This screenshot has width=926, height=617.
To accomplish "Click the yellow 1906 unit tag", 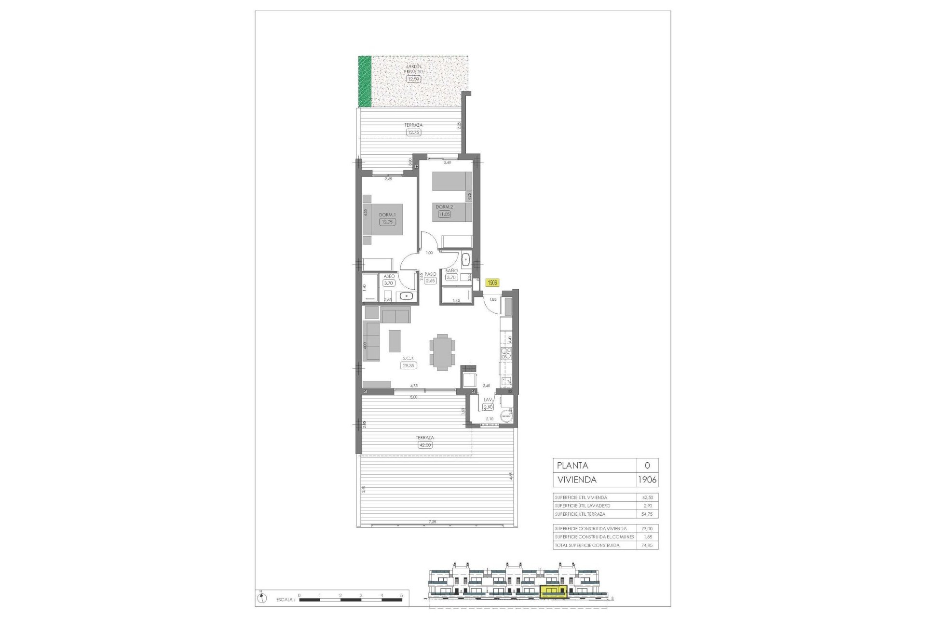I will coord(492,283).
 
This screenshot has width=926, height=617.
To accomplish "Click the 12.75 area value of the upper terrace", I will coord(413,132).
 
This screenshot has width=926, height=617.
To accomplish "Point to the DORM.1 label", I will coord(387,215).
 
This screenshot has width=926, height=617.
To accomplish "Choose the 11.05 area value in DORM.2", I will coord(444,214).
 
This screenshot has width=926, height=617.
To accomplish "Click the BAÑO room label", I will coord(451,271).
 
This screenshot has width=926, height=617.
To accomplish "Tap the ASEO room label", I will coord(389,276).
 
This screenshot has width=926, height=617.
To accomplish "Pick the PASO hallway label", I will coord(430,274).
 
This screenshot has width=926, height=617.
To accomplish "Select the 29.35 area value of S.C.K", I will coord(409,366).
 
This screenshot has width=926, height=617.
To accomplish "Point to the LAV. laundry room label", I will coord(488,400).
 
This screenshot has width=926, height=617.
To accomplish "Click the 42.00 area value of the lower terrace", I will coord(425,445).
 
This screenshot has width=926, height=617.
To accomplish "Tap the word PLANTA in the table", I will coord(572,466).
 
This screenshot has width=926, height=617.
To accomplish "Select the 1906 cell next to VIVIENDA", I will coord(647,480).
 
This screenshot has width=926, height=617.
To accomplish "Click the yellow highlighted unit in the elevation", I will coord(554,591).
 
